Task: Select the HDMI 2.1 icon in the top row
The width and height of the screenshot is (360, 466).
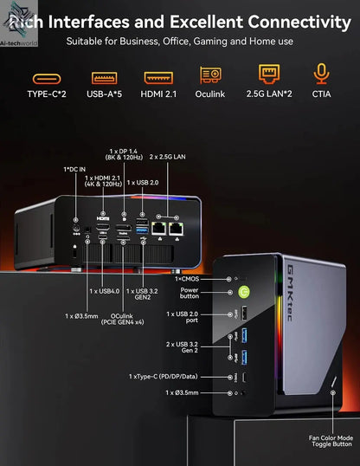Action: (x=157, y=77)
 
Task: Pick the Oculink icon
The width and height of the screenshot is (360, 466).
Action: (x=211, y=76)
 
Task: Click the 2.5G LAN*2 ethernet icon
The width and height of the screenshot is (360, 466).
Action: (x=268, y=75)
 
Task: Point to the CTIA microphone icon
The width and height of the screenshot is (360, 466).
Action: (x=321, y=75)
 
